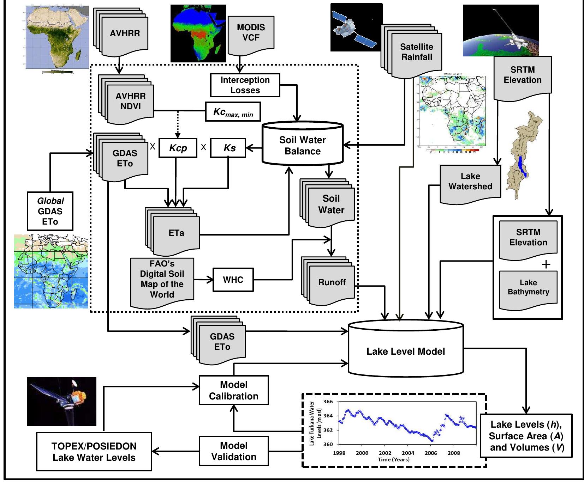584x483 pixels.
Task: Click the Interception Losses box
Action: [x=245, y=85]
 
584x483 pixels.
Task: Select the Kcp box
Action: [x=178, y=148]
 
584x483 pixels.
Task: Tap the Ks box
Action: [x=228, y=148]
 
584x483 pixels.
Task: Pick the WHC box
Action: [x=233, y=280]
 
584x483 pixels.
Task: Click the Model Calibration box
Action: [x=233, y=390]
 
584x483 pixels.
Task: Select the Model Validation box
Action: [x=233, y=451]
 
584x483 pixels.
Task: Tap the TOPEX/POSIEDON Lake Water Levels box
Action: [x=94, y=452]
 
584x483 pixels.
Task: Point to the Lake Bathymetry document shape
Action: [x=528, y=287]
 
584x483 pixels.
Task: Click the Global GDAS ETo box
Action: [x=50, y=211]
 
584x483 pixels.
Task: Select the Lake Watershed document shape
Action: [x=470, y=182]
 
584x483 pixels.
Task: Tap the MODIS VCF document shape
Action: [x=251, y=33]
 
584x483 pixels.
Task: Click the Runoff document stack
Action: [x=331, y=282]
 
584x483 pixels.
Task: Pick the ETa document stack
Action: [x=176, y=233]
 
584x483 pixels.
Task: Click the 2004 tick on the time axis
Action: [x=408, y=453]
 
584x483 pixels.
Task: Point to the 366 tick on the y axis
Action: [x=328, y=402]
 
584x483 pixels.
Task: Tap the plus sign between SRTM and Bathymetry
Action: [x=546, y=264]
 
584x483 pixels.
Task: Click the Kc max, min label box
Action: [x=233, y=112]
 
